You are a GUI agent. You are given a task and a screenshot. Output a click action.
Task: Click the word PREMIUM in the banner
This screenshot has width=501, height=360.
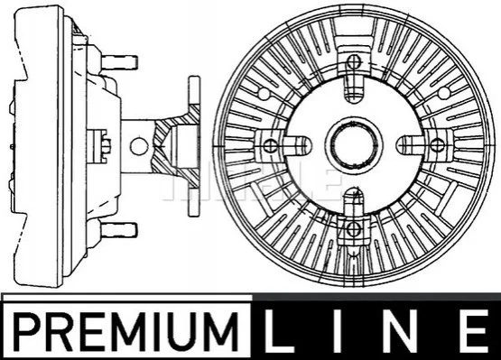tap(126, 331)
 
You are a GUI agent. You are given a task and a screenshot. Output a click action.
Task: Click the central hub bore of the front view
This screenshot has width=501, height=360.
tap(353, 145)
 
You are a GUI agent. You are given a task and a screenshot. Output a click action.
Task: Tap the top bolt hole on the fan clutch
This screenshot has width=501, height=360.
tap(353, 61)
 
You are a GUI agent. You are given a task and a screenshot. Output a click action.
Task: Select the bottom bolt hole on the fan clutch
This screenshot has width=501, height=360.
tap(353, 228)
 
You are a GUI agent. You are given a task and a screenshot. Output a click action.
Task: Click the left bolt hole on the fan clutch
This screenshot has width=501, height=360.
tap(270, 145)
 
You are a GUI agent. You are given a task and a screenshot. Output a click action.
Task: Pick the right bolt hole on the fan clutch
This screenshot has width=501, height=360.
tap(437, 145)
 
